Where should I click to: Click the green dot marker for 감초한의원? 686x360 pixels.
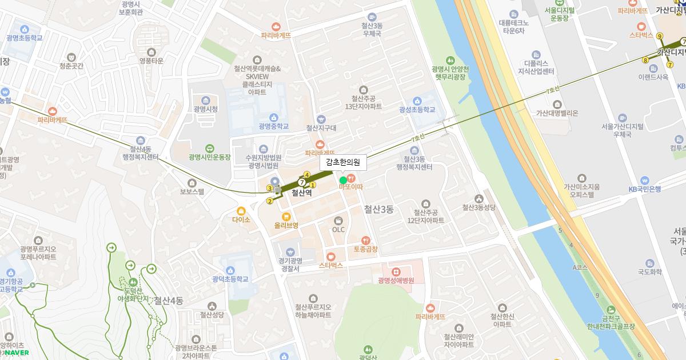coord(343,180)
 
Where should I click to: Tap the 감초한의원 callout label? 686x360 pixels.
coord(343,162)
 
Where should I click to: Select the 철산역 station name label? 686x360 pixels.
coord(301,193)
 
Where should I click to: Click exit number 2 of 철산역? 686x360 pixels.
coord(269,201)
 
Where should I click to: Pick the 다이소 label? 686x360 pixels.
coord(241,219)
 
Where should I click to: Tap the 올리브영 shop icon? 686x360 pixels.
coord(286,216)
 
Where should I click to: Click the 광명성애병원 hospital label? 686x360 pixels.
coord(396,281)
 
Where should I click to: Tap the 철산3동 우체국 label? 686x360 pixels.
coord(372,30)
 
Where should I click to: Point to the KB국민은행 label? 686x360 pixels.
coord(644,189)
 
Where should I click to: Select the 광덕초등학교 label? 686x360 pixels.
coord(230,279)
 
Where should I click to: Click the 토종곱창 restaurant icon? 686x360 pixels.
coord(366,240)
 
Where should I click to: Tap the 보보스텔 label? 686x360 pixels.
coord(192,192)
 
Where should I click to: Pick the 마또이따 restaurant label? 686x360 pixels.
coord(351,186)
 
